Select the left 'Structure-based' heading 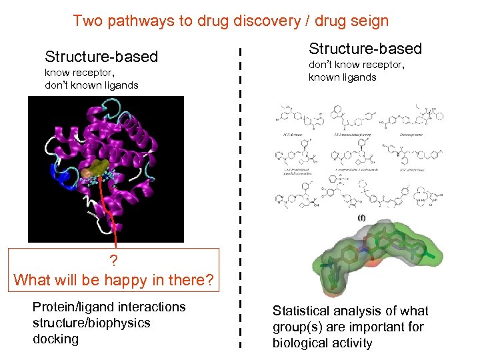101,57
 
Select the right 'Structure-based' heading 365,49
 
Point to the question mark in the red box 114,260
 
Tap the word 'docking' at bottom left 55,339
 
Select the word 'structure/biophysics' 91,323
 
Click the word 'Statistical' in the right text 305,311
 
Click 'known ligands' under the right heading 342,77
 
